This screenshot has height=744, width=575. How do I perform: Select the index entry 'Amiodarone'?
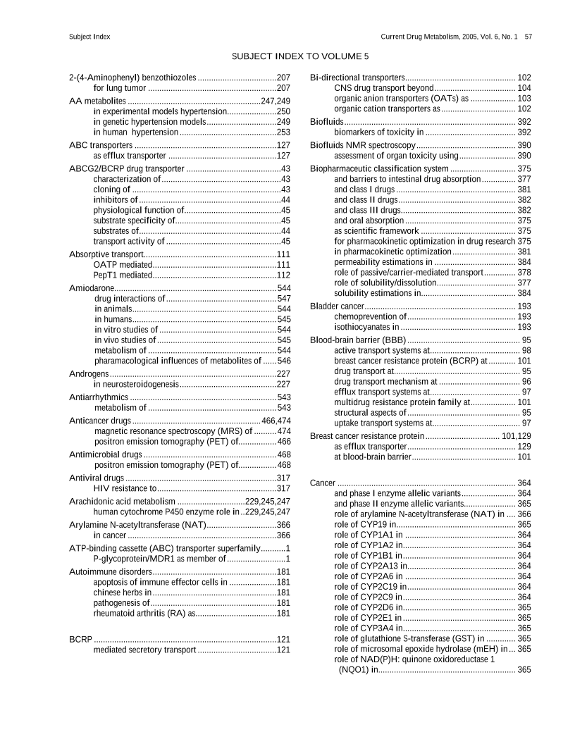tap(92, 289)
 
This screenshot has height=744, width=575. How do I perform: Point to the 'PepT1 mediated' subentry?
tap(123, 275)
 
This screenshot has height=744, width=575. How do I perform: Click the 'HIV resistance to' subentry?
tap(124, 488)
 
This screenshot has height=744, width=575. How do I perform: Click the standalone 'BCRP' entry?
tap(80, 639)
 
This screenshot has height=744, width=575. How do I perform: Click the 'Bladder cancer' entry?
tap(338, 306)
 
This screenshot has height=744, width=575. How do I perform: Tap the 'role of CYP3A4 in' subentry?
tap(368, 628)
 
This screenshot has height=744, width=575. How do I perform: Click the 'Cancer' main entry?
tap(323, 483)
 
